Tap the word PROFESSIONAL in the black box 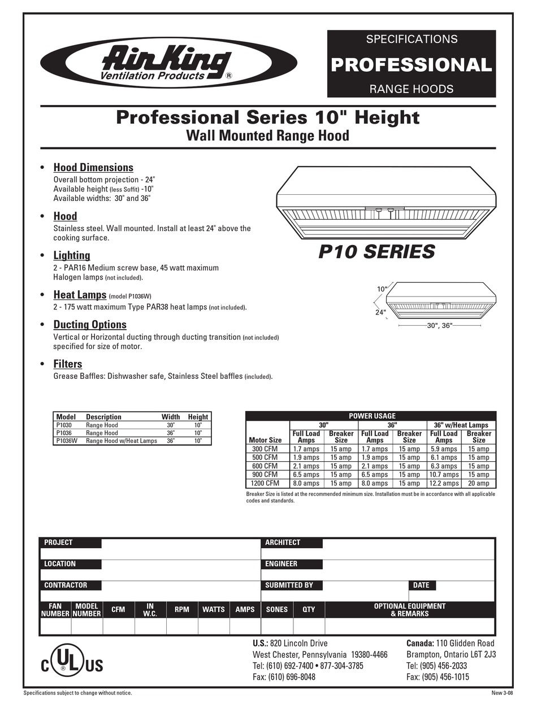click(x=411, y=64)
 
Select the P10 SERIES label click(x=376, y=251)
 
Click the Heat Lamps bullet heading click(x=80, y=295)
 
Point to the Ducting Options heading click(x=90, y=325)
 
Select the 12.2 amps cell click(x=444, y=483)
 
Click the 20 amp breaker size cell click(x=478, y=483)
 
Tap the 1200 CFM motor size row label click(x=265, y=483)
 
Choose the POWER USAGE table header click(x=372, y=416)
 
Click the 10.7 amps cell click(x=444, y=475)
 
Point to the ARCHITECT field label click(x=283, y=543)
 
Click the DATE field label click(x=421, y=585)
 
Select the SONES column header click(x=276, y=610)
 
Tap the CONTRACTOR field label click(x=66, y=585)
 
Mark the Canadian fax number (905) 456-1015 click(x=438, y=677)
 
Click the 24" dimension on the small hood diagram click(x=380, y=312)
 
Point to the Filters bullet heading click(x=68, y=364)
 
